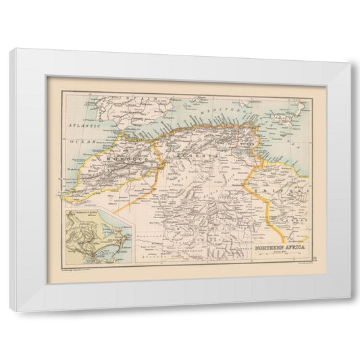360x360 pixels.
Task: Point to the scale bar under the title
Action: coord(278,254)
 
